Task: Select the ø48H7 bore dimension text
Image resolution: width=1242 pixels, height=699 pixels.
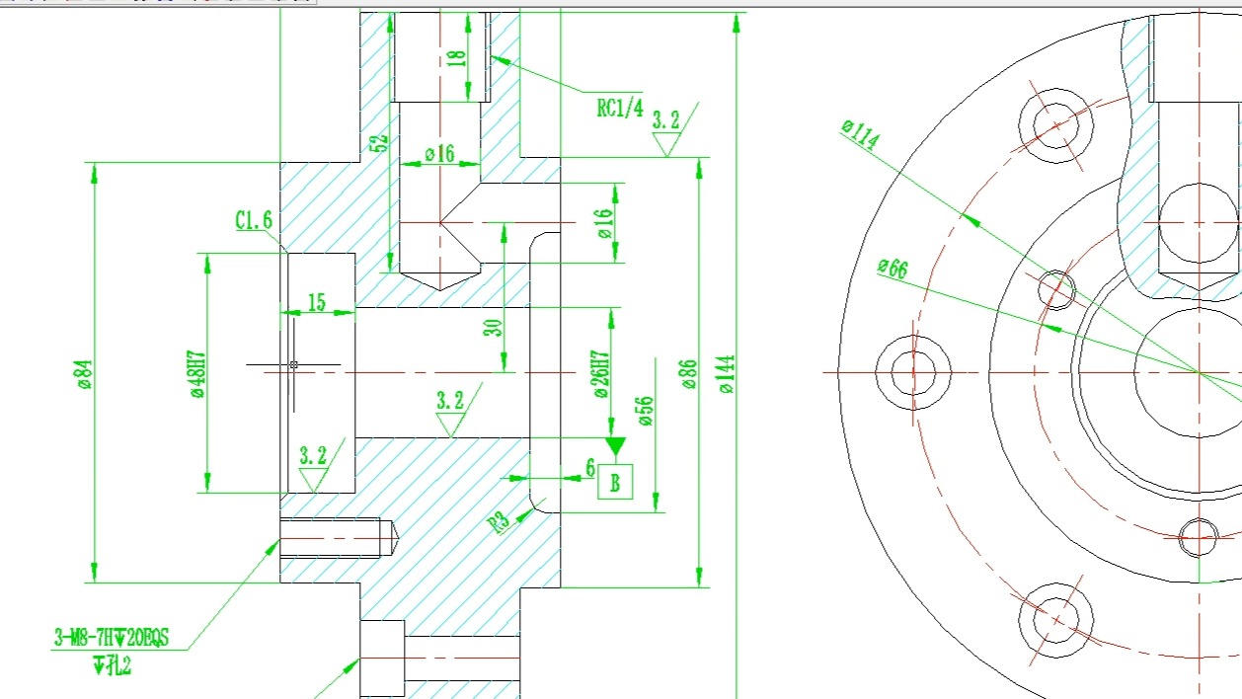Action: (198, 373)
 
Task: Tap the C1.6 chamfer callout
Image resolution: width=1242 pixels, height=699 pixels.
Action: (253, 220)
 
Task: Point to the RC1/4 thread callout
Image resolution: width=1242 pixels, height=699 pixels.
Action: (619, 108)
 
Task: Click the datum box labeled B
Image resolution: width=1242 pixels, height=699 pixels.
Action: (615, 482)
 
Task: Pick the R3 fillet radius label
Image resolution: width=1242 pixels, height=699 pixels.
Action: (501, 520)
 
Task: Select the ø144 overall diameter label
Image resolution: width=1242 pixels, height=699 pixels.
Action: (727, 374)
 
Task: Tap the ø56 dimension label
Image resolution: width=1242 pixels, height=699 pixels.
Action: (647, 411)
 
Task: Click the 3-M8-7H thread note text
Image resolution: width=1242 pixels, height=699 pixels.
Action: (111, 639)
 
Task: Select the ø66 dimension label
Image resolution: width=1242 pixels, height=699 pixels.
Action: (892, 269)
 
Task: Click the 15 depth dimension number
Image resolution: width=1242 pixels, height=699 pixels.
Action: (316, 302)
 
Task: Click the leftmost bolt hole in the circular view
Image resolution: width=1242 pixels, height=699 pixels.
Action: (912, 372)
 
